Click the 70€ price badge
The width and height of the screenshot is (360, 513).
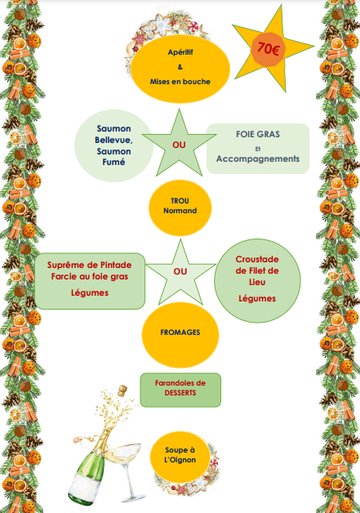click(x=268, y=49)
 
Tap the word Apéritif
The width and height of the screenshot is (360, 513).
click(x=180, y=52)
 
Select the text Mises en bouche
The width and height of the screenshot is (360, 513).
click(x=180, y=82)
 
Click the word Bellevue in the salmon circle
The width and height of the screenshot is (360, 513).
click(x=113, y=140)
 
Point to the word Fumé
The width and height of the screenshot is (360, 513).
click(x=113, y=162)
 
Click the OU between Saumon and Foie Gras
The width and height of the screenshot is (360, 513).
click(x=179, y=145)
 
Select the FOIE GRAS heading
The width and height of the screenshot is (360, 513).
click(x=258, y=134)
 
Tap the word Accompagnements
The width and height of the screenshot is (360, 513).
click(x=258, y=158)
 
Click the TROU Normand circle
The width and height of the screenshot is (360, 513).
click(x=180, y=207)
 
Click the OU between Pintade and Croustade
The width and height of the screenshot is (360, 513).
click(x=180, y=271)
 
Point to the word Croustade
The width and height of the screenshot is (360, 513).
click(x=257, y=260)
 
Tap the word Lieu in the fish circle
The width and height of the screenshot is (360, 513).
click(x=257, y=282)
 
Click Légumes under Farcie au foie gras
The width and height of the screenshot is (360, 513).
click(x=90, y=292)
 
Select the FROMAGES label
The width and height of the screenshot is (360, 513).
click(x=180, y=332)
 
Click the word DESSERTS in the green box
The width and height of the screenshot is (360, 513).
click(x=180, y=393)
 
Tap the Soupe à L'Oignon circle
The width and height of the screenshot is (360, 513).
click(x=180, y=457)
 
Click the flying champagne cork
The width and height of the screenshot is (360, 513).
click(x=122, y=390)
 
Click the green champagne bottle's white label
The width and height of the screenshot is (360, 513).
click(x=84, y=488)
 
